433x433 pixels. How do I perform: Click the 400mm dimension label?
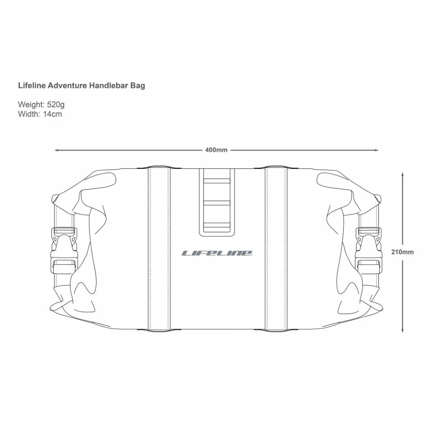coord(216,150)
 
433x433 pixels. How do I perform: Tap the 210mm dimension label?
coord(402,252)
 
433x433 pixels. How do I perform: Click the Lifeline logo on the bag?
coord(217,253)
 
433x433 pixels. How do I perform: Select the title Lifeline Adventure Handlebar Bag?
coord(82,86)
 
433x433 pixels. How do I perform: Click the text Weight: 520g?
coord(41,104)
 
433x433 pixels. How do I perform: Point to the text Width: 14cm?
coord(40,114)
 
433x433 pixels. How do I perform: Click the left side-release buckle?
coord(64,250)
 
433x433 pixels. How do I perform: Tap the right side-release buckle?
coord(369,250)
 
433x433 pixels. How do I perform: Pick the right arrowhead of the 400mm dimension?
coord(376,150)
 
